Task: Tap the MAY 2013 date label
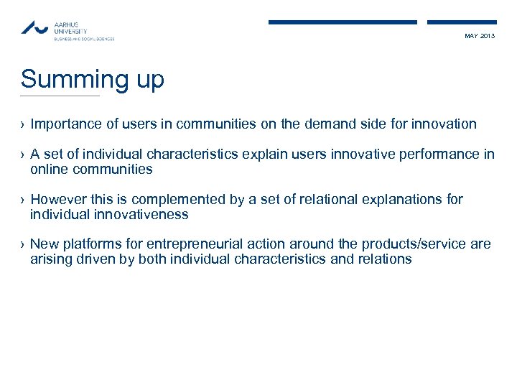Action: (x=480, y=36)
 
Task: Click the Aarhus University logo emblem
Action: (x=35, y=28)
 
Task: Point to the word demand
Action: (x=307, y=124)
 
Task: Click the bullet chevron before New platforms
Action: (x=23, y=245)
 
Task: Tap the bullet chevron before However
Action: (x=23, y=200)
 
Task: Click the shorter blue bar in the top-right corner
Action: (x=462, y=22)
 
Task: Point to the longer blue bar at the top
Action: (x=343, y=22)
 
